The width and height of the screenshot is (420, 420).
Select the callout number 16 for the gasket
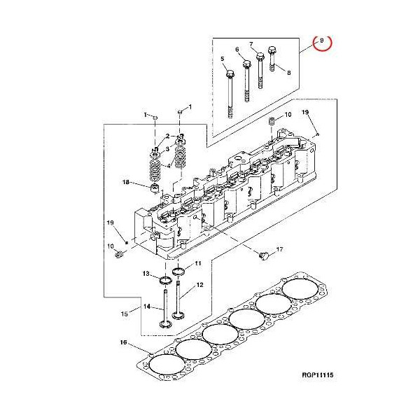(123, 342)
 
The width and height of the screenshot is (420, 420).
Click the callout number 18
(126, 183)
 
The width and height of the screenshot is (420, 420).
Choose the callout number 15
(125, 313)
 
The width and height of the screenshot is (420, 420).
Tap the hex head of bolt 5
(230, 73)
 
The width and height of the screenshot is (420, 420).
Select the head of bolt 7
(260, 55)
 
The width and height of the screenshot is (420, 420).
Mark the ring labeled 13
(164, 281)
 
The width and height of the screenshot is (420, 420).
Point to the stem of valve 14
(165, 304)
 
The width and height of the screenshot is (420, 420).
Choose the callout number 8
(288, 72)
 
